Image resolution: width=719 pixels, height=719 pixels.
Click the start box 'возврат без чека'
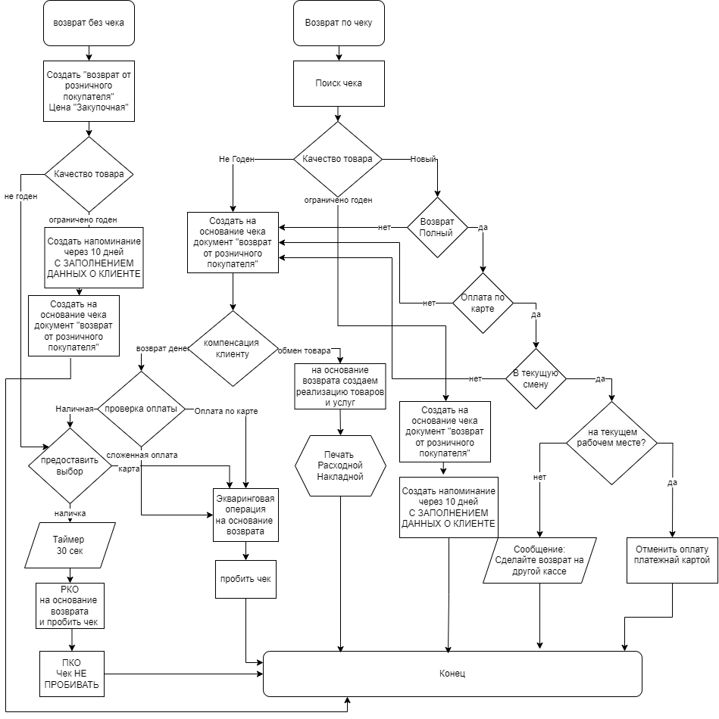[x=89, y=23]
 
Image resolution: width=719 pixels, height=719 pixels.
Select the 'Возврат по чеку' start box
[x=338, y=23]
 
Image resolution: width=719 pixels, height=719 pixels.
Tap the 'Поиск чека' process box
[x=338, y=82]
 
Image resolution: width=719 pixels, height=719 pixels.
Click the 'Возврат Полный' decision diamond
[x=437, y=227]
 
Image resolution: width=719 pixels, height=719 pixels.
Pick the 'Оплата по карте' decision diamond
[x=483, y=303]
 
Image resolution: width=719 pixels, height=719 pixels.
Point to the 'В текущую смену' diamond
[x=536, y=378]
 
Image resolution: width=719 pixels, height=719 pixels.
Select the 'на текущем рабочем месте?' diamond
[x=611, y=443]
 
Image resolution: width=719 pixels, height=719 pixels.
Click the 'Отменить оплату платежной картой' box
[x=672, y=560]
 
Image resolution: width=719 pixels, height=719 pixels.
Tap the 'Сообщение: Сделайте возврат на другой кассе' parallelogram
[x=540, y=560]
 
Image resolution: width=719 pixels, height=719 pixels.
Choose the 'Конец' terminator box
[x=452, y=674]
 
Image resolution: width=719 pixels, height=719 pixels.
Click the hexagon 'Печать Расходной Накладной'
[x=340, y=465]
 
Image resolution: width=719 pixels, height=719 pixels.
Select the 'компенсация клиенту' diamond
[x=233, y=348]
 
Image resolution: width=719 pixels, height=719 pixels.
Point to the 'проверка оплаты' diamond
[x=141, y=409]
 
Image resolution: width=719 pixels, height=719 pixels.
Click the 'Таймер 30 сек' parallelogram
[x=70, y=545]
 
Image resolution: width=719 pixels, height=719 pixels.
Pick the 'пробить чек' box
[x=245, y=578]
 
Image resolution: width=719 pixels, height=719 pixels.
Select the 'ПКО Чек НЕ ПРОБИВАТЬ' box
[x=73, y=674]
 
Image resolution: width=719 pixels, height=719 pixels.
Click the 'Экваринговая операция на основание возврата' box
[x=245, y=515]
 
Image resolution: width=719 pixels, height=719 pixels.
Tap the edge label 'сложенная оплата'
[x=142, y=455]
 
